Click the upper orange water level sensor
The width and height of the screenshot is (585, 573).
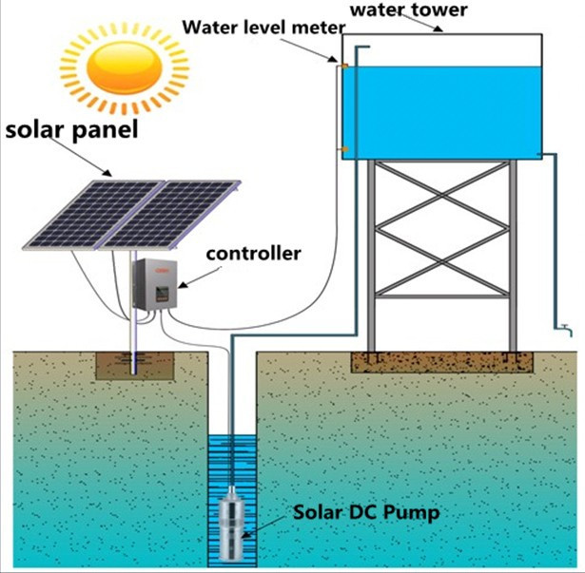344,66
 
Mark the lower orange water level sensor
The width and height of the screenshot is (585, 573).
344,150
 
